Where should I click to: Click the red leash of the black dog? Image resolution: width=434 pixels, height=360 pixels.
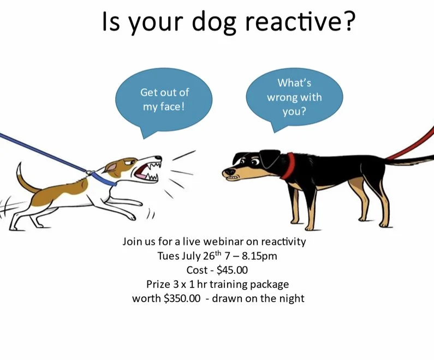pyautogui.click(x=412, y=144)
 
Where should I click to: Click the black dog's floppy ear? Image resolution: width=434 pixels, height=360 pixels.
pyautogui.click(x=267, y=158)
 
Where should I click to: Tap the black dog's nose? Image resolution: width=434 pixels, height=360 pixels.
pyautogui.click(x=225, y=173)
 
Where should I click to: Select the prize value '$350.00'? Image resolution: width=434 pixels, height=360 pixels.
pyautogui.click(x=182, y=298)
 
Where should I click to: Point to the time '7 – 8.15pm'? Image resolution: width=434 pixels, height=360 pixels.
pyautogui.click(x=251, y=256)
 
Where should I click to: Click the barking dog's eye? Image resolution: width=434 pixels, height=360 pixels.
pyautogui.click(x=132, y=161)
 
